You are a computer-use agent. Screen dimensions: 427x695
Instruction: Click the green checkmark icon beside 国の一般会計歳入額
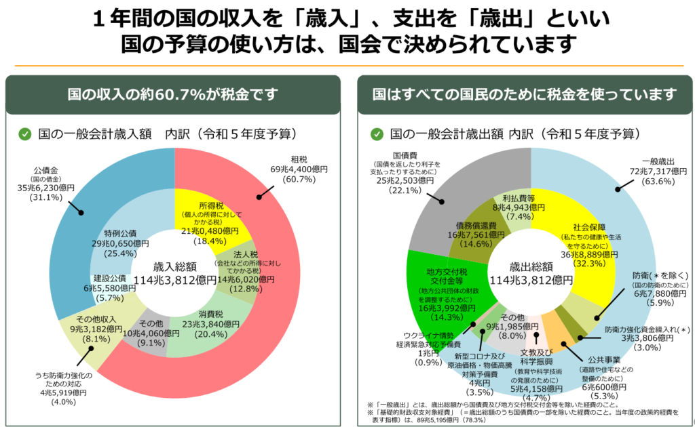[x=24, y=134]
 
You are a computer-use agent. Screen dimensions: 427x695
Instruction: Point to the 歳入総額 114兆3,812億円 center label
[x=175, y=273]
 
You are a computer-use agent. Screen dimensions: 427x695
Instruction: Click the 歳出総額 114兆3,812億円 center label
[x=531, y=273]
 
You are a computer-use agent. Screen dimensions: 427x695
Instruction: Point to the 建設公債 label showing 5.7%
[x=109, y=287]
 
